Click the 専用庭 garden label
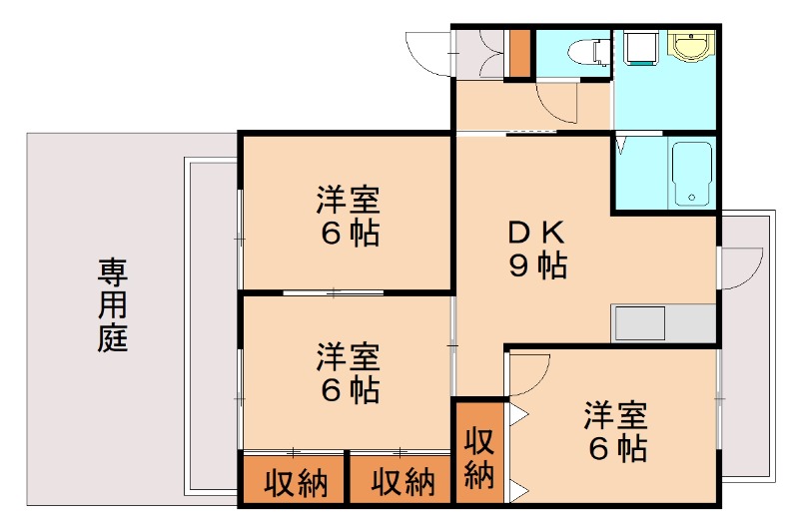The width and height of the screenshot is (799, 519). tap(112, 304)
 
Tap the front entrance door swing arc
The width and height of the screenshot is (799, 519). tap(427, 55)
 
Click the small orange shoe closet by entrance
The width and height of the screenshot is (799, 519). tap(519, 54)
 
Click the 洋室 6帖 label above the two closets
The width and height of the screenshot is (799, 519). tap(349, 372)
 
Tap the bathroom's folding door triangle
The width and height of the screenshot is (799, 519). tap(621, 146)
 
